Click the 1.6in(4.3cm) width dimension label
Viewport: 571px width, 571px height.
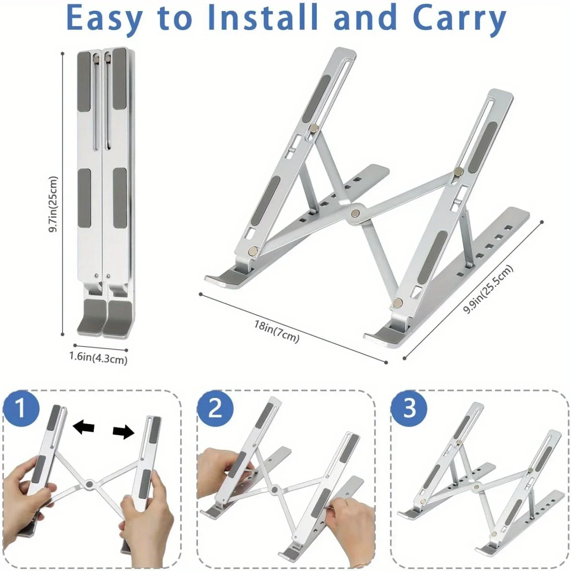(98, 358)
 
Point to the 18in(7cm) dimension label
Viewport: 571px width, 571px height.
(277, 331)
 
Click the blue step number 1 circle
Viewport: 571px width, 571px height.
(21, 408)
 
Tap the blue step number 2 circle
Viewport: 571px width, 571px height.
(215, 408)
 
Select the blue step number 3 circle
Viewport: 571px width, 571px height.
(409, 408)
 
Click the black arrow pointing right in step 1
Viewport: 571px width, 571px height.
(124, 432)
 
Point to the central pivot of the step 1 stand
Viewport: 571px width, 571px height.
(90, 484)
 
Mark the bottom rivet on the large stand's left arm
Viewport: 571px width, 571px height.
(253, 250)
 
